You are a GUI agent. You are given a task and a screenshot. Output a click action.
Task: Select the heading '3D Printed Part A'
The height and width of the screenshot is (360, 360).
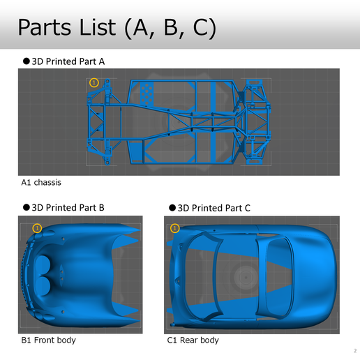tap(68, 61)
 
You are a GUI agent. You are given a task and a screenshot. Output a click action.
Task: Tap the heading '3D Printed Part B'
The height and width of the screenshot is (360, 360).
tap(68, 207)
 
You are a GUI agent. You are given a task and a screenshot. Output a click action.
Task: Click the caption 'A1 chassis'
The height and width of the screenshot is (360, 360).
tap(41, 183)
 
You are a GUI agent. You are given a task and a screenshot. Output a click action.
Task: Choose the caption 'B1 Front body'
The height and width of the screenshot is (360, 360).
tap(48, 340)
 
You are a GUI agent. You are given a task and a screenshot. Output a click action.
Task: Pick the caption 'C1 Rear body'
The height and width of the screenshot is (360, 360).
tap(193, 340)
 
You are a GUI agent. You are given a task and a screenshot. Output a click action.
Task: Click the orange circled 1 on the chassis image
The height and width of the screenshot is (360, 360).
tap(95, 82)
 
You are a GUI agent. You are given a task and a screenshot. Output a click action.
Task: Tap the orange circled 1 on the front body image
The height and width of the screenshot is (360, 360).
tap(38, 228)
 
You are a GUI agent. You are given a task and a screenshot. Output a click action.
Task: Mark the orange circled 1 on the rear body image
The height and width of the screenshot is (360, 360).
tap(174, 228)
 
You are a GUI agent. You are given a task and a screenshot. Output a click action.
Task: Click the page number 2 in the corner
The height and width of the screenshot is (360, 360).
tap(354, 350)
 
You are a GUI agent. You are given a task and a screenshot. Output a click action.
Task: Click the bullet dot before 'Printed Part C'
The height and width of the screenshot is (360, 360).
tap(173, 208)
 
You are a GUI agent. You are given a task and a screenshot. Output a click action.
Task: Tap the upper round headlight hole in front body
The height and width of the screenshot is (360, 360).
tap(43, 266)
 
